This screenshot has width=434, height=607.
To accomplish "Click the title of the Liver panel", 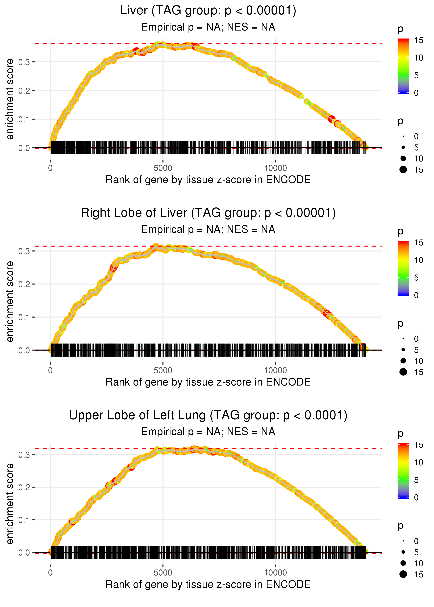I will click(208, 11).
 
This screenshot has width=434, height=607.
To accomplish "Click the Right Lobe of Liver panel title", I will click(208, 213).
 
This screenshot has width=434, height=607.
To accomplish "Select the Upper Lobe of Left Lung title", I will click(208, 415).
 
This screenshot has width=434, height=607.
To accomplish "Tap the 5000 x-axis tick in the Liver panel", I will click(163, 168).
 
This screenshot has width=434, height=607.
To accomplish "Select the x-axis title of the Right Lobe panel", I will click(208, 382).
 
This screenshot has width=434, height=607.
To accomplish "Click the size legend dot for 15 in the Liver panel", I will click(403, 169).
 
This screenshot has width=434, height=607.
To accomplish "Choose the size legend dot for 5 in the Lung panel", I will click(403, 552).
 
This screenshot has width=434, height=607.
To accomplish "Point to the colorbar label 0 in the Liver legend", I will click(416, 93).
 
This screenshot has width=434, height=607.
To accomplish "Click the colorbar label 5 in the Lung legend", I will click(416, 480).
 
